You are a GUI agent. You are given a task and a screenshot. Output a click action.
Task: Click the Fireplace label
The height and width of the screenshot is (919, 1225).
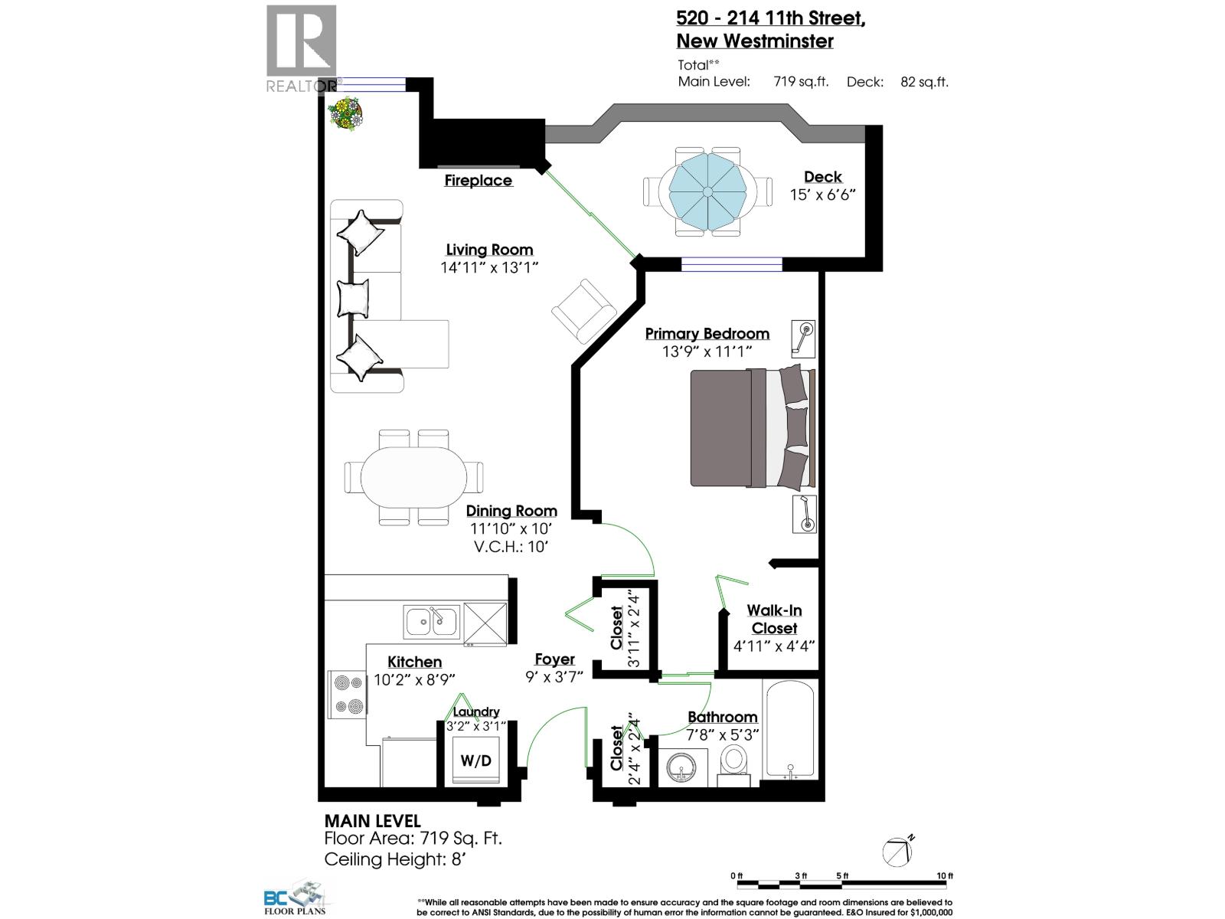tap(479, 181)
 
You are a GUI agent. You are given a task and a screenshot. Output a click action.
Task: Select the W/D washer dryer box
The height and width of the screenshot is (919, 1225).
tap(476, 760)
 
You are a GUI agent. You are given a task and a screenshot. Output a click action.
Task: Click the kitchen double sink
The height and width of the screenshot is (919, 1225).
tap(432, 621)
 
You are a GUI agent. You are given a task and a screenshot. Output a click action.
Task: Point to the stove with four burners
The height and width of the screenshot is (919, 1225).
tap(348, 695)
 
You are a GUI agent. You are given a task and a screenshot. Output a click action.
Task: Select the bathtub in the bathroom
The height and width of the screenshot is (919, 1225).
tap(790, 729)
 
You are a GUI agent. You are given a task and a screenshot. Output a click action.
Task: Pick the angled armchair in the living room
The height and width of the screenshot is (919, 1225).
tap(583, 311)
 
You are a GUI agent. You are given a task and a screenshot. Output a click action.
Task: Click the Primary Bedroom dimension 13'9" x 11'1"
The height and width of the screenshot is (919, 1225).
tap(707, 352)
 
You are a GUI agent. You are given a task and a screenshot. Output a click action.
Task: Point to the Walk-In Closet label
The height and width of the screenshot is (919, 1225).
tap(774, 619)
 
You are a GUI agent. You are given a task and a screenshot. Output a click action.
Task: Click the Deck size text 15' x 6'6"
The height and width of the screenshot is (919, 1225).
tap(822, 195)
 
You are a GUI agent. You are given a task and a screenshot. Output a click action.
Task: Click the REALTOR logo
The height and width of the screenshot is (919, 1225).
tap(301, 49)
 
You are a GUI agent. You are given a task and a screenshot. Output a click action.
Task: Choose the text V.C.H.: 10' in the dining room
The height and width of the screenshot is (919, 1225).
tap(511, 547)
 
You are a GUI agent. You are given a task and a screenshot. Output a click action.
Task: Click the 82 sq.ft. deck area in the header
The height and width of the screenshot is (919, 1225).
tap(924, 82)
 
